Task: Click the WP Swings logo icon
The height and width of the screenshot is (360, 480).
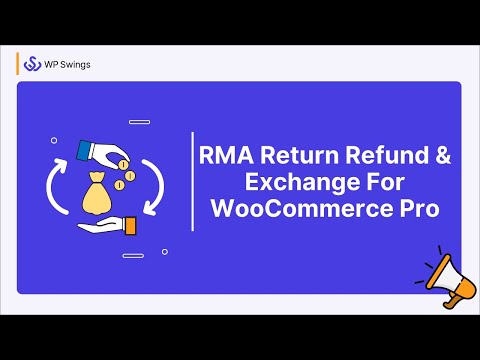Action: coord(31,64)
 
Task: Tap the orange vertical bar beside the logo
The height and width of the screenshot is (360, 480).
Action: coord(18,64)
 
